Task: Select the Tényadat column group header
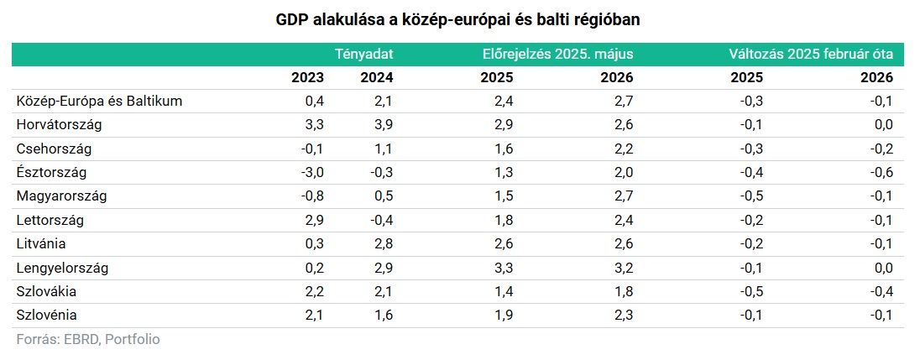(x=363, y=54)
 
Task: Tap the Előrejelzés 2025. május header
(x=557, y=54)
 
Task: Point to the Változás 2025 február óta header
(x=810, y=54)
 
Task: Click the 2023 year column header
(x=308, y=77)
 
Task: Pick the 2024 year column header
(x=376, y=77)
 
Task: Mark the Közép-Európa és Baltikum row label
(x=99, y=102)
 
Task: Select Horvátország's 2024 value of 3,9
(x=383, y=125)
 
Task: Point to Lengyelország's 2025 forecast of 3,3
(x=504, y=269)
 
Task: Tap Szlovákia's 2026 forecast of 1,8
(x=623, y=292)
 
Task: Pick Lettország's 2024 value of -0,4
(x=380, y=221)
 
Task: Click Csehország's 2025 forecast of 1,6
(x=504, y=149)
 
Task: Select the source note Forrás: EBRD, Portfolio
(x=87, y=340)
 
